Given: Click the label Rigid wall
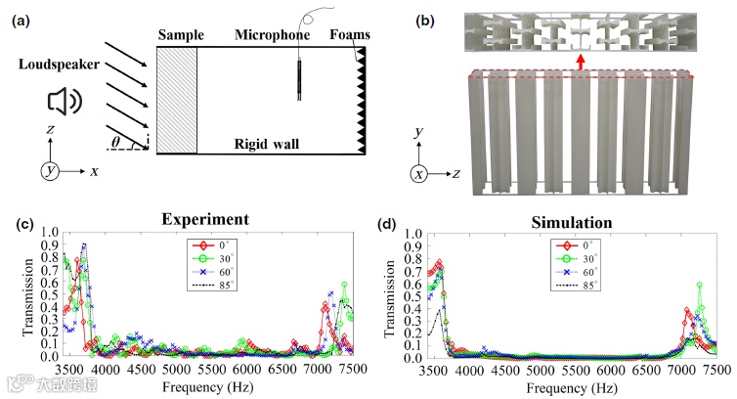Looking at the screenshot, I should [268, 145].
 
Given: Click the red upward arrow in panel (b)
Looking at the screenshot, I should [581, 62].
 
